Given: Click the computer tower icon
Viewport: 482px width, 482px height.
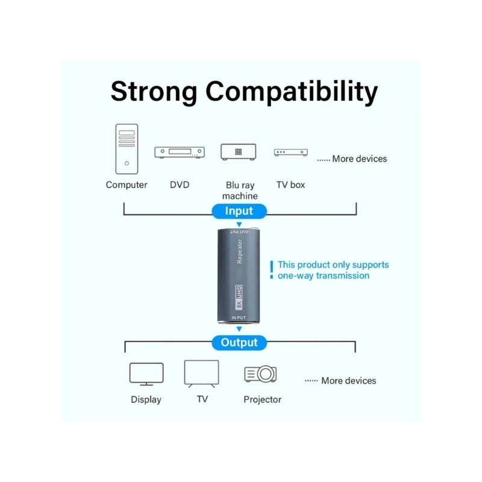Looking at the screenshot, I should (127, 149).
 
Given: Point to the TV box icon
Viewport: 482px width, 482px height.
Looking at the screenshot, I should (292, 153).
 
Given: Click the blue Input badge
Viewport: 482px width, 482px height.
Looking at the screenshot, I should (239, 211).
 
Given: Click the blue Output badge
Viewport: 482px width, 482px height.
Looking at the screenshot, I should (239, 342).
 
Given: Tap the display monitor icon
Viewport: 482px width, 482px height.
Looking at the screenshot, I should (146, 374).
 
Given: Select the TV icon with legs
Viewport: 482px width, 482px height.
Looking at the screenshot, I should (202, 374).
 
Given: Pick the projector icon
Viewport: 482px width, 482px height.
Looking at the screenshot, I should (261, 374).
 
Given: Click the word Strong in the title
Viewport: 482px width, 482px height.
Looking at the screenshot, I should (154, 92).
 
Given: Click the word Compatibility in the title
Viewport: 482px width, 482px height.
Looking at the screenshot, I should (292, 93).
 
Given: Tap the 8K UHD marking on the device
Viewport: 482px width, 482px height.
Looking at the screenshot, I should (239, 298).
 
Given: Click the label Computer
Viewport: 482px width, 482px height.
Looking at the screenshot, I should (127, 185).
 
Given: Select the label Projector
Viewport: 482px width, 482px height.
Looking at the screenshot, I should (263, 399).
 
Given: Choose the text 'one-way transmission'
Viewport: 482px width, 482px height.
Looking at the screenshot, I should (324, 276).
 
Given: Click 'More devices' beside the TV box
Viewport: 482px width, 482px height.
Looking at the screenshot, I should (360, 159).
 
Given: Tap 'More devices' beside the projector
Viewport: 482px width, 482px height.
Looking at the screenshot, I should (348, 381).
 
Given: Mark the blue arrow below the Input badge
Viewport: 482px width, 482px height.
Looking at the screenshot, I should (239, 225).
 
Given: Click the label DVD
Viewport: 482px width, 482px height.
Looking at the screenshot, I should (180, 185).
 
